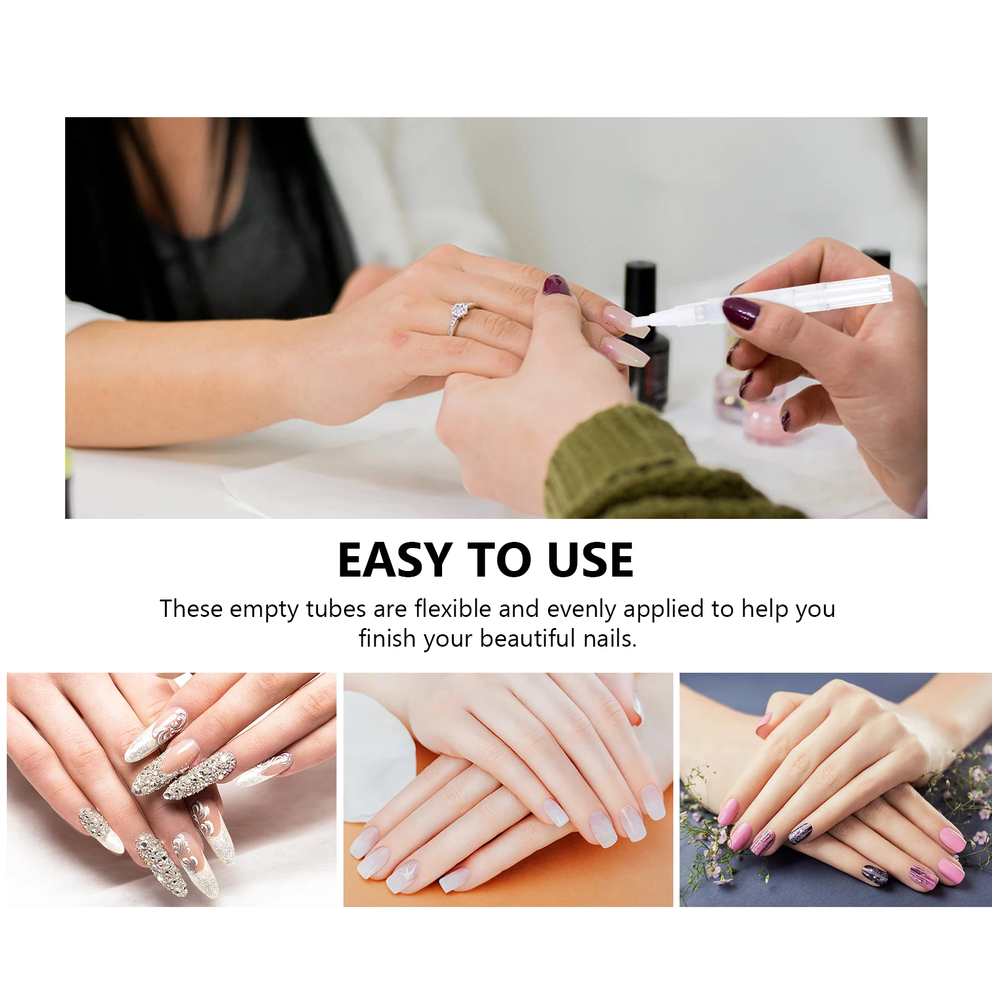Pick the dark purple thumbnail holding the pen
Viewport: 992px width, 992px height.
click(740, 312)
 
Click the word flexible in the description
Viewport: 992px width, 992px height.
click(453, 609)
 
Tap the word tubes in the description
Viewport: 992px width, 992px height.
click(335, 609)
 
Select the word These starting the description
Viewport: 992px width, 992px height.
click(191, 609)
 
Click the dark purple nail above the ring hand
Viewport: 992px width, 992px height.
click(556, 285)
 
